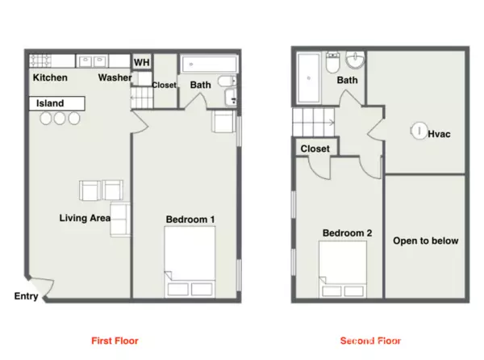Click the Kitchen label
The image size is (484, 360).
[50, 78]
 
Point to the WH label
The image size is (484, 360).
[141, 63]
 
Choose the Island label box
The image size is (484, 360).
[56, 104]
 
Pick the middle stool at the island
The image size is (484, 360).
[60, 119]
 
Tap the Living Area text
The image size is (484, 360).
[85, 218]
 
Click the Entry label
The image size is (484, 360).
[27, 296]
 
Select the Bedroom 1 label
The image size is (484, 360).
[190, 219]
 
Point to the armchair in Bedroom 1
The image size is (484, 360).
[223, 122]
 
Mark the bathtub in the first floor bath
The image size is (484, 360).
[205, 64]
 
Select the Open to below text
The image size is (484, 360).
[425, 241]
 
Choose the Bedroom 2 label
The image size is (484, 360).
[347, 233]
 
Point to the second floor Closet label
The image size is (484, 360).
[315, 149]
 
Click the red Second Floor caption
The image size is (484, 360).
[370, 340]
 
